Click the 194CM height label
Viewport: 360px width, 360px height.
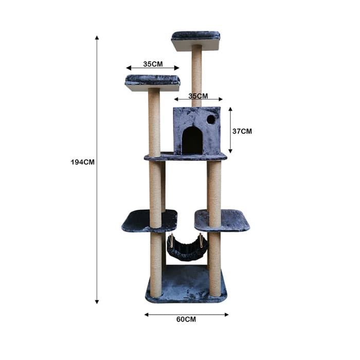click(82, 162)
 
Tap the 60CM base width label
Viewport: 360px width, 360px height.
click(186, 319)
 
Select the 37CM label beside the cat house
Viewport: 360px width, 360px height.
click(242, 131)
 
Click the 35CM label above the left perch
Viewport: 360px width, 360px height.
click(153, 64)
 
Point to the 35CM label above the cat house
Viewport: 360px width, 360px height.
click(198, 96)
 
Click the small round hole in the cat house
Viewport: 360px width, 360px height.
click(211, 119)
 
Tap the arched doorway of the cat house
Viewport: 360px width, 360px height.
click(192, 140)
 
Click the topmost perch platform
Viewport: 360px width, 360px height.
click(196, 41)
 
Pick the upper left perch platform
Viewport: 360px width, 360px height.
click(153, 83)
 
